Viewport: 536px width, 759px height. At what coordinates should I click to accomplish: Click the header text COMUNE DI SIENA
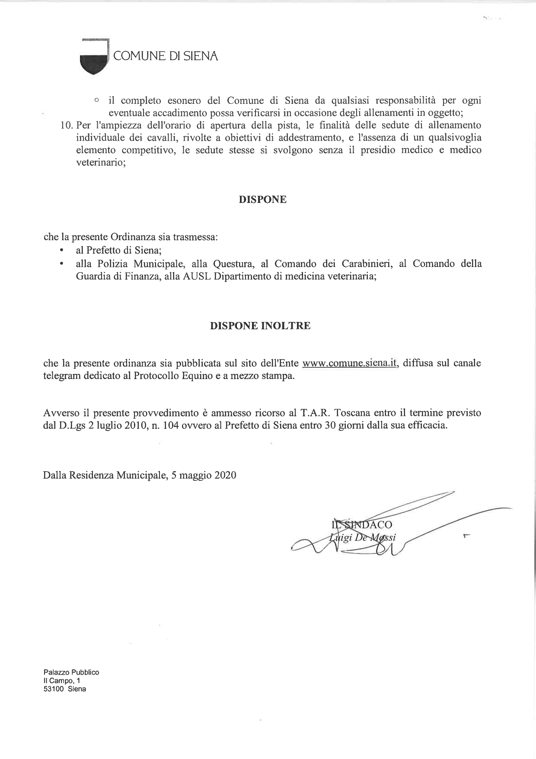pos(166,56)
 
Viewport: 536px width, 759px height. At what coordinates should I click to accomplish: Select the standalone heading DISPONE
pos(263,199)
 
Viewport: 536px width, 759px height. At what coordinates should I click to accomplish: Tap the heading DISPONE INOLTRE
pos(260,326)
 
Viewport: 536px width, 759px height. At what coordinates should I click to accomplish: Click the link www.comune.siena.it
pos(350,363)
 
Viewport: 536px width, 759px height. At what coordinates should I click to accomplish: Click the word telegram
pos(62,376)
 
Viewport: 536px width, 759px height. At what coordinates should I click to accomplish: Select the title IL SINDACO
pos(362,525)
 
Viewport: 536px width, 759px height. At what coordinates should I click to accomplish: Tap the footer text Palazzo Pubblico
pos(71,672)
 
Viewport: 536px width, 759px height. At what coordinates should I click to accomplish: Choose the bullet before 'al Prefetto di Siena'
pos(62,251)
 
